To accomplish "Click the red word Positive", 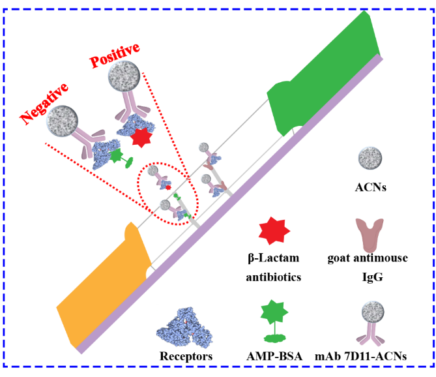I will (115, 55).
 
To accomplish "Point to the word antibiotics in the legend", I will (274, 277).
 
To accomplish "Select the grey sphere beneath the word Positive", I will (123, 77).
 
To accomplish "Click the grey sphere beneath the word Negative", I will (63, 121).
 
